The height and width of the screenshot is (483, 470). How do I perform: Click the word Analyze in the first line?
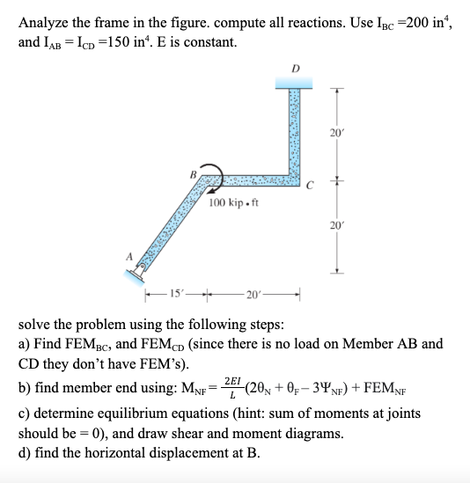(45, 24)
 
